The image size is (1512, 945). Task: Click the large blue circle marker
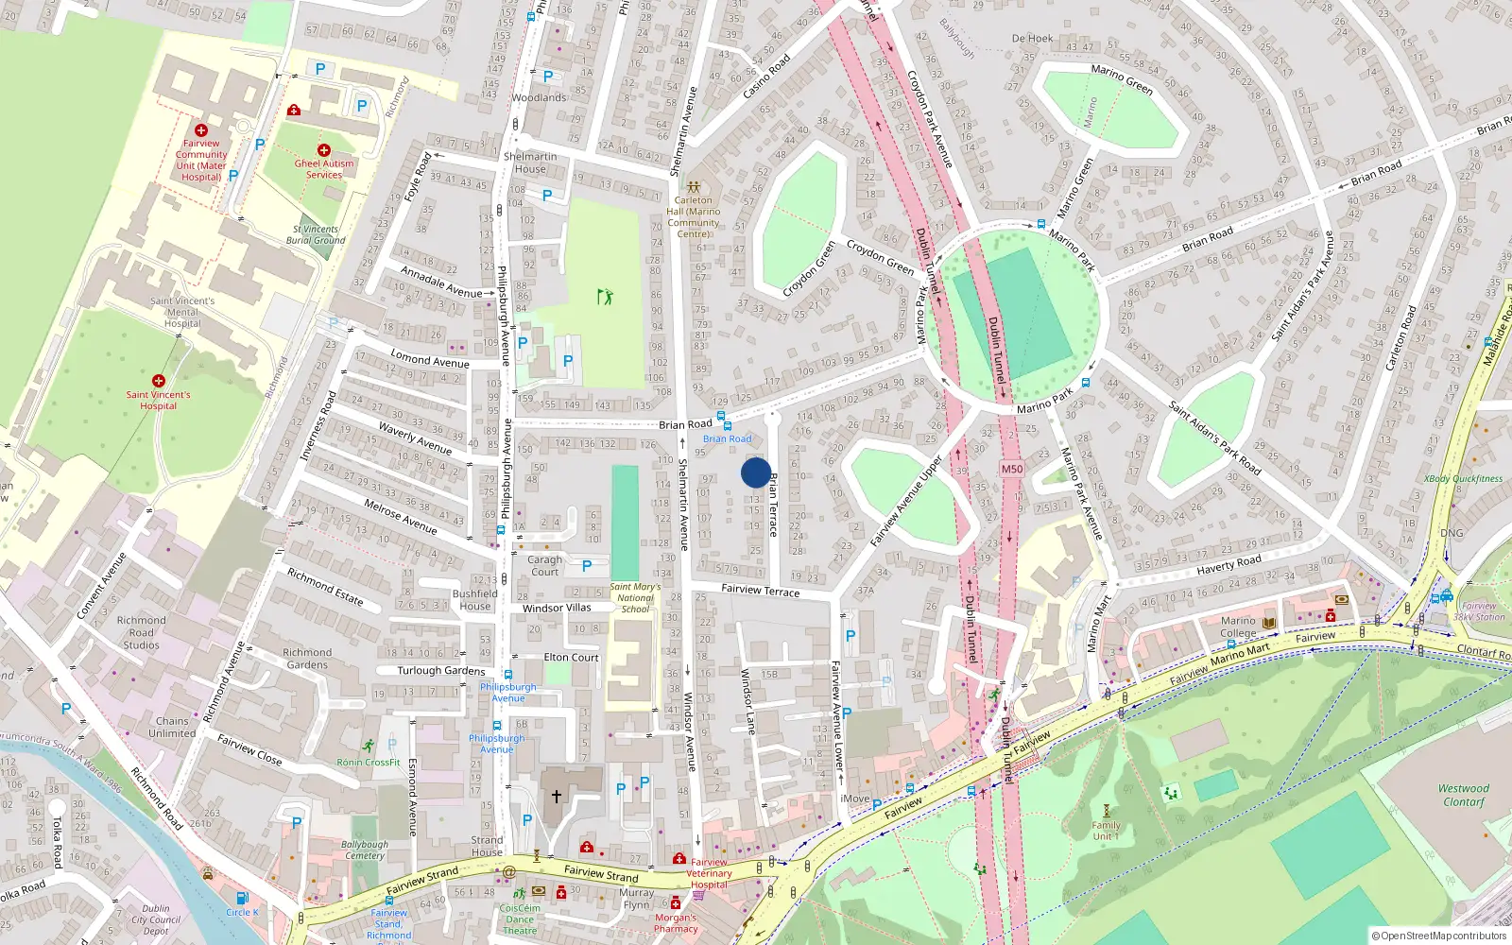tap(755, 472)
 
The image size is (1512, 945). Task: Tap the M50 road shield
tap(1011, 469)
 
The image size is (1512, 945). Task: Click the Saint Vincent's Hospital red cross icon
tap(159, 380)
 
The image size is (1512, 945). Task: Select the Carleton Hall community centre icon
tap(694, 187)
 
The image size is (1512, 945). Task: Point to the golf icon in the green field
tap(605, 297)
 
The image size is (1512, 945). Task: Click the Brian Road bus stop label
tap(727, 438)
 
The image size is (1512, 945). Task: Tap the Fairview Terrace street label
tap(760, 590)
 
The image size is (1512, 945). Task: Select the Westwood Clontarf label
tap(1463, 795)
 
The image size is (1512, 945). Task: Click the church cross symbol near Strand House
tap(557, 796)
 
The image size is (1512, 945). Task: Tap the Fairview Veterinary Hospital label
tap(709, 873)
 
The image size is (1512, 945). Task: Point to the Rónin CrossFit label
tap(369, 762)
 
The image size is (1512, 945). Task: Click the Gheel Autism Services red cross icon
tap(324, 150)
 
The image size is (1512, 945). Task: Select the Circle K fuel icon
tap(242, 898)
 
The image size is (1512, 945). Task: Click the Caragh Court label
tap(544, 565)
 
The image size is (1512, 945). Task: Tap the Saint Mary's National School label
tap(635, 597)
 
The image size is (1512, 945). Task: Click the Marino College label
tap(1238, 627)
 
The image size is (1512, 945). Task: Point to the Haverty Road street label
tap(1228, 564)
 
